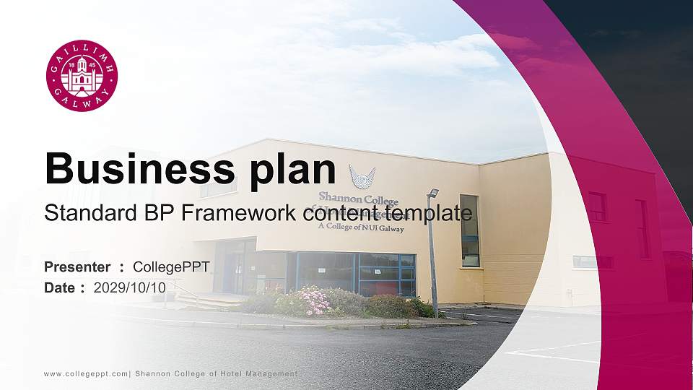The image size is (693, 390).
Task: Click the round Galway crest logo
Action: click(x=82, y=76)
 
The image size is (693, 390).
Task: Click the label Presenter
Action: click(x=77, y=267)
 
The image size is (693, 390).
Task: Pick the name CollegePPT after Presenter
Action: click(x=172, y=267)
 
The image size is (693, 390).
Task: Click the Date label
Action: click(x=60, y=287)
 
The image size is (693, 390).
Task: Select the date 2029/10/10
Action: click(x=130, y=287)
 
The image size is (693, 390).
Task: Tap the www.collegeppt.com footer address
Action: click(x=86, y=373)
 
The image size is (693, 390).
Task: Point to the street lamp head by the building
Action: click(x=433, y=193)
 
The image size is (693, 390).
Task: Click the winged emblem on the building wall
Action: click(x=362, y=175)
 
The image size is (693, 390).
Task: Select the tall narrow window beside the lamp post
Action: click(x=470, y=230)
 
